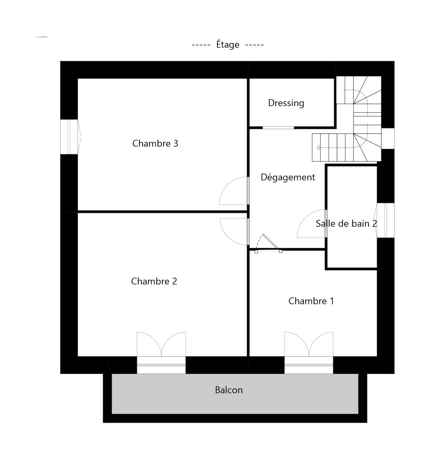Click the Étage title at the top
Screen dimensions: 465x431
[x=228, y=45]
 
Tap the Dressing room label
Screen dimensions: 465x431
[x=286, y=103]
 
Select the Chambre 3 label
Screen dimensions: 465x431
[x=155, y=144]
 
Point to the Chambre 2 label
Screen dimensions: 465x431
[x=154, y=281]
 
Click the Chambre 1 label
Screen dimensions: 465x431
[x=311, y=301]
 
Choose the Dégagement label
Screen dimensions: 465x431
[x=288, y=177]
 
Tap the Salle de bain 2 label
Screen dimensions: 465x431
[x=346, y=224]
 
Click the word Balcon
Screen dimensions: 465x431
[x=229, y=390]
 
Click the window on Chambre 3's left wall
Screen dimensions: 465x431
[x=69, y=137]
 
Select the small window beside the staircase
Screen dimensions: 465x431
[x=388, y=138]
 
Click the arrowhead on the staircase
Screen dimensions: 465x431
[x=318, y=147]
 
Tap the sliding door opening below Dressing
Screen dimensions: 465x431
[x=278, y=128]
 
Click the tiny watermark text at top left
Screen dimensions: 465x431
[x=42, y=37]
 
